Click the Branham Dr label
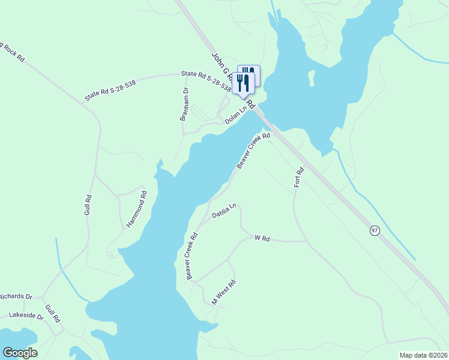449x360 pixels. click(x=185, y=104)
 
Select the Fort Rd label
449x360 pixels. click(x=299, y=178)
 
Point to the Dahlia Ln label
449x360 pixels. click(x=224, y=211)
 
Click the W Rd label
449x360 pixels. click(x=262, y=238)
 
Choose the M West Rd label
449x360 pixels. click(x=223, y=292)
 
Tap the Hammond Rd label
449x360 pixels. click(x=136, y=209)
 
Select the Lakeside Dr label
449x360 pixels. click(x=26, y=316)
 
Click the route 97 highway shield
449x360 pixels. click(x=375, y=231)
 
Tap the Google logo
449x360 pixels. click(x=20, y=353)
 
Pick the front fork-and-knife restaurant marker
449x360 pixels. click(x=243, y=83)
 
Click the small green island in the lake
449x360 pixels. click(x=312, y=77)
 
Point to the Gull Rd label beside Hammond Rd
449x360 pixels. click(x=88, y=205)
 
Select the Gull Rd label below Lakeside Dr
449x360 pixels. click(x=53, y=314)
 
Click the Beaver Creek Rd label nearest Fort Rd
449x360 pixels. click(x=253, y=151)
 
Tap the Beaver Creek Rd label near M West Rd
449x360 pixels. click(x=191, y=256)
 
